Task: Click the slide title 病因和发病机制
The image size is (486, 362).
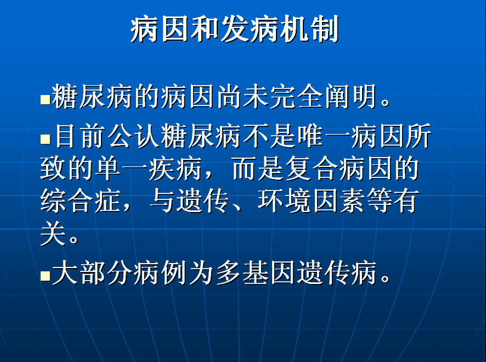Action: (234, 29)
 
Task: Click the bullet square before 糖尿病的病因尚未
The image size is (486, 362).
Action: (45, 99)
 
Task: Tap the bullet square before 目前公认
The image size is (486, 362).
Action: (45, 139)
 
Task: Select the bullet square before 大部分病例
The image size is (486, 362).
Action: (45, 275)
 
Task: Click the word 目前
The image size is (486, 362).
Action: (81, 136)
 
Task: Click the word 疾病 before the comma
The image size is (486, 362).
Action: (176, 169)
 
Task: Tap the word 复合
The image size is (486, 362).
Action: (312, 169)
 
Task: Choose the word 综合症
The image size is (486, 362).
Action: (81, 201)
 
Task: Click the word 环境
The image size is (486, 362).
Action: (284, 201)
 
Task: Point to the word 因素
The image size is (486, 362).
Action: (338, 201)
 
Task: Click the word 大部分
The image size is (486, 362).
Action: (92, 272)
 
